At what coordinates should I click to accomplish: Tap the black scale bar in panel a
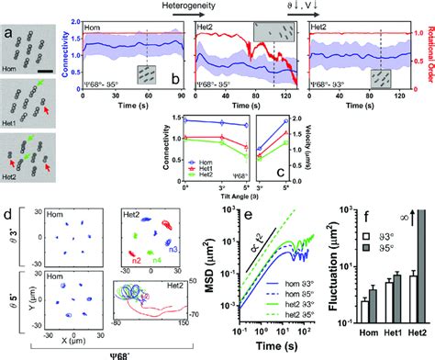42,68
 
